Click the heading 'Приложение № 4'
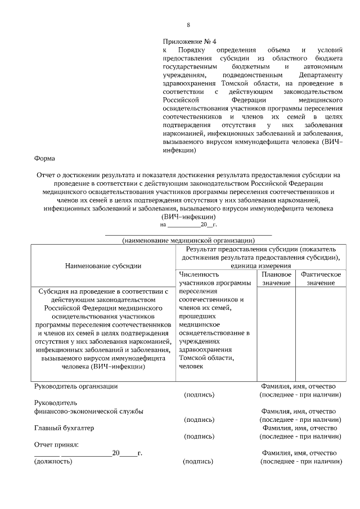pos(189,42)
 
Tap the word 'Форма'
pos(44,159)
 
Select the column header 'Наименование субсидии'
pos(103,265)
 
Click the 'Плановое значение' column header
pos(276,278)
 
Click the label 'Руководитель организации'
pos(76,386)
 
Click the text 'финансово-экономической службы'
pos(89,411)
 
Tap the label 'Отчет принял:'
pos(56,444)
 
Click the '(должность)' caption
pos(53,461)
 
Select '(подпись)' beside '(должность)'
pos(199,461)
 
